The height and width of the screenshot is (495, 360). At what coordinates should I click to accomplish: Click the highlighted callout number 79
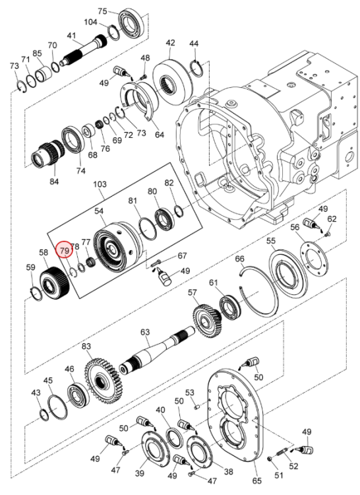point(65,251)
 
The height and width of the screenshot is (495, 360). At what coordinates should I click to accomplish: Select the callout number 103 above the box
point(100,183)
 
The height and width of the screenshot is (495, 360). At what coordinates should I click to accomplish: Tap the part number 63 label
point(145,332)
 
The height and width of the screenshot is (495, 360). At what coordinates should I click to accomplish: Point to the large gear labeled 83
point(104,381)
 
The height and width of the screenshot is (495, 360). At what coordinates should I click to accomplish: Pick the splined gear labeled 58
point(54,283)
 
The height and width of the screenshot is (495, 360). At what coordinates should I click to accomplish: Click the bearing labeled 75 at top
point(131,22)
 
